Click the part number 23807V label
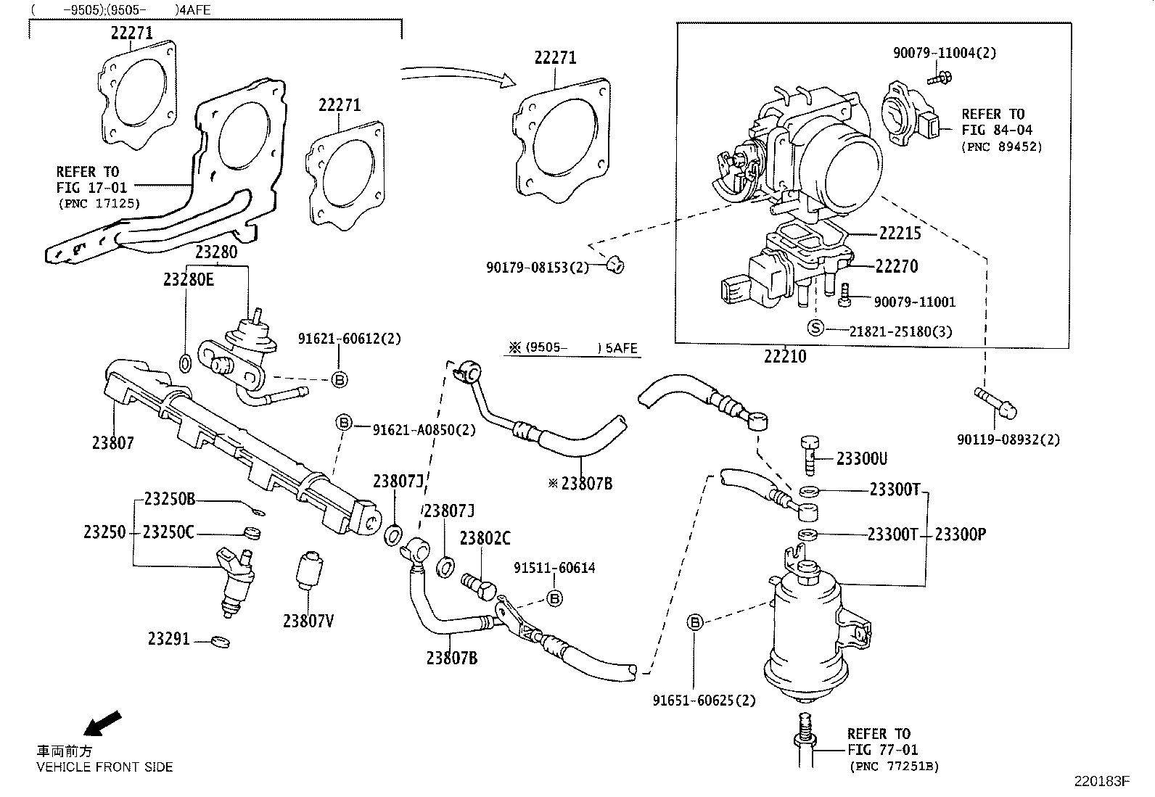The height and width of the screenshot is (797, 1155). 308,622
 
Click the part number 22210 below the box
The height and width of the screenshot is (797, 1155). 784,356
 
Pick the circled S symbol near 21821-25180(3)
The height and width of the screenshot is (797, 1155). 815,329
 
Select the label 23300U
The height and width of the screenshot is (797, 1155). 861,458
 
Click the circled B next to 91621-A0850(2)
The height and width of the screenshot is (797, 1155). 343,423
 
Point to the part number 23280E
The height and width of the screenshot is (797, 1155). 188,280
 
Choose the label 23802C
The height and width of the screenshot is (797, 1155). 485,539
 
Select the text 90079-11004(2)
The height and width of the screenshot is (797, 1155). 944,52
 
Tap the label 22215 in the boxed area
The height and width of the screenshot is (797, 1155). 900,233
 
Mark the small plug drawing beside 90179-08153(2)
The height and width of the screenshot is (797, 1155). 615,266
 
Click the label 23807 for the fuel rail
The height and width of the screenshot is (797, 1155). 113,442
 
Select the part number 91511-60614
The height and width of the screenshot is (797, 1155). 554,568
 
